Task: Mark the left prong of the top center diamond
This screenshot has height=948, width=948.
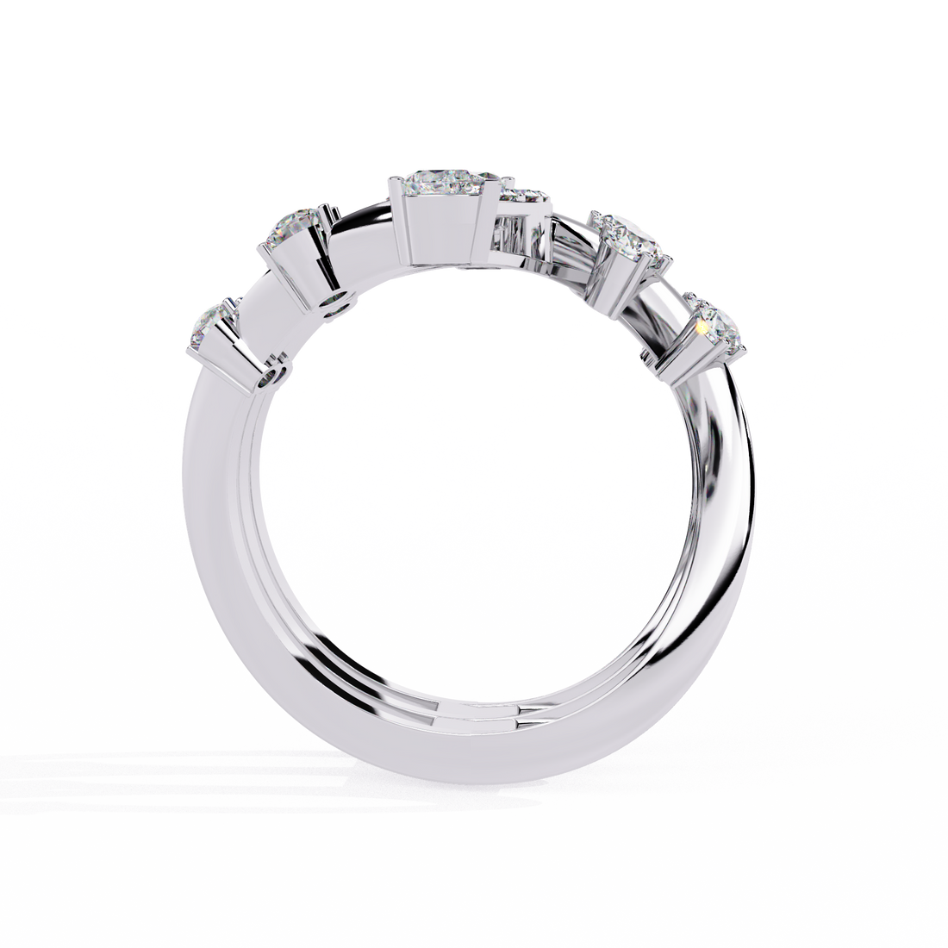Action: point(393,181)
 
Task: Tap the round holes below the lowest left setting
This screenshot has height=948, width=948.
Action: point(270,375)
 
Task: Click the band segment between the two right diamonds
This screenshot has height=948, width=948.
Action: point(668,297)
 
